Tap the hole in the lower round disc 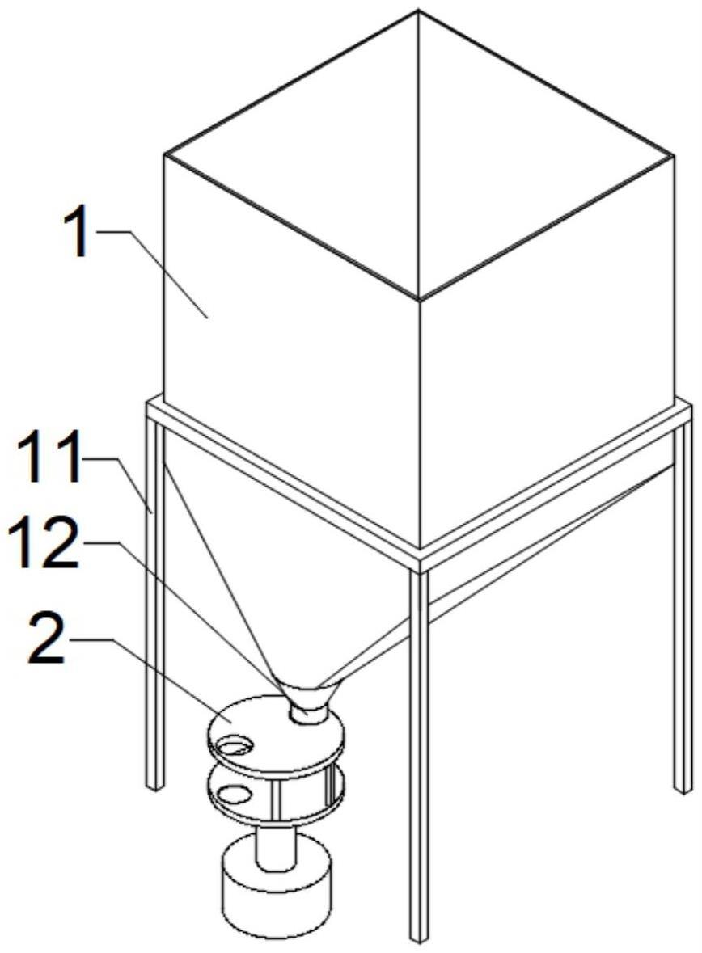(x=234, y=794)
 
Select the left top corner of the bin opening (x=164, y=155)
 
